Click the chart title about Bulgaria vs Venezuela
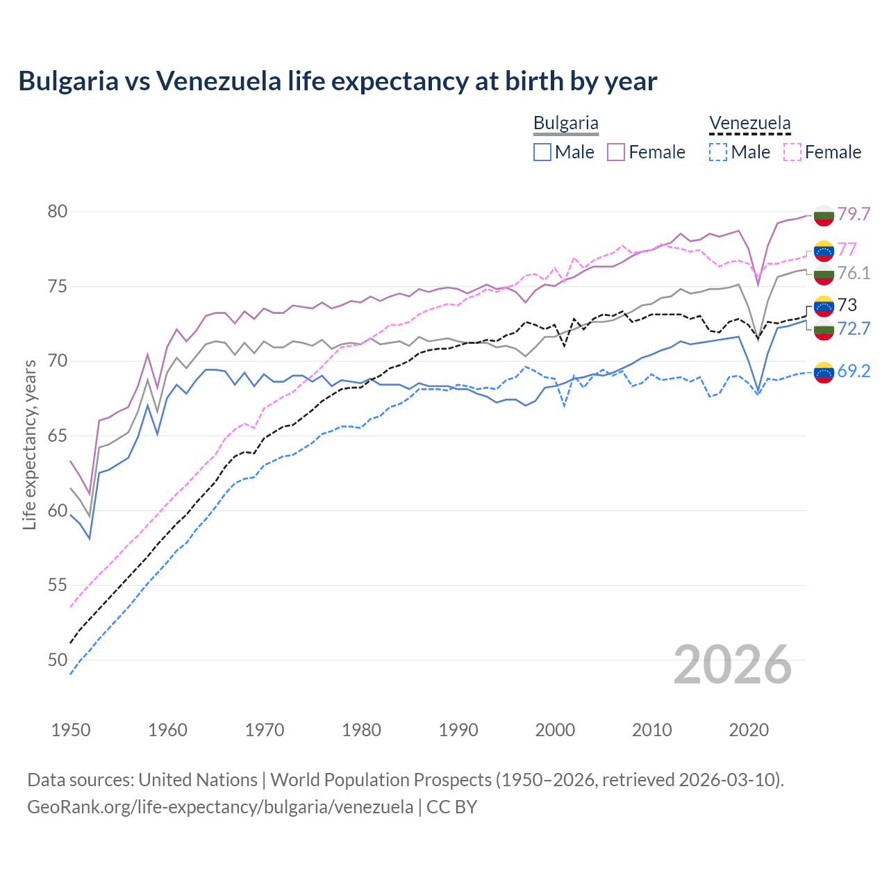point(338,81)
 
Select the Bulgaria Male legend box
point(542,152)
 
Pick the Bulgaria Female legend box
point(616,152)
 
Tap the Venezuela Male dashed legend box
point(718,152)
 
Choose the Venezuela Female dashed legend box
point(792,152)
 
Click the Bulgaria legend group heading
point(565,124)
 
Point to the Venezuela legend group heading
point(749,124)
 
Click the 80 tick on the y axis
point(58,211)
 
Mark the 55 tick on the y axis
point(58,585)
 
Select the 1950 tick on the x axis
point(71,730)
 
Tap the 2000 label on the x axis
point(555,730)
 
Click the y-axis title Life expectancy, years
point(30,444)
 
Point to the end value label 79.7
point(854,214)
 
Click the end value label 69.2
point(854,371)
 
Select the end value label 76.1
point(854,273)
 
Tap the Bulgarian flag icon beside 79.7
point(824,215)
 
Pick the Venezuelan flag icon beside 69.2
point(824,372)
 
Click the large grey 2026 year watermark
point(733,665)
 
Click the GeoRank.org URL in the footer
point(220,807)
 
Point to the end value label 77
point(847,249)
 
